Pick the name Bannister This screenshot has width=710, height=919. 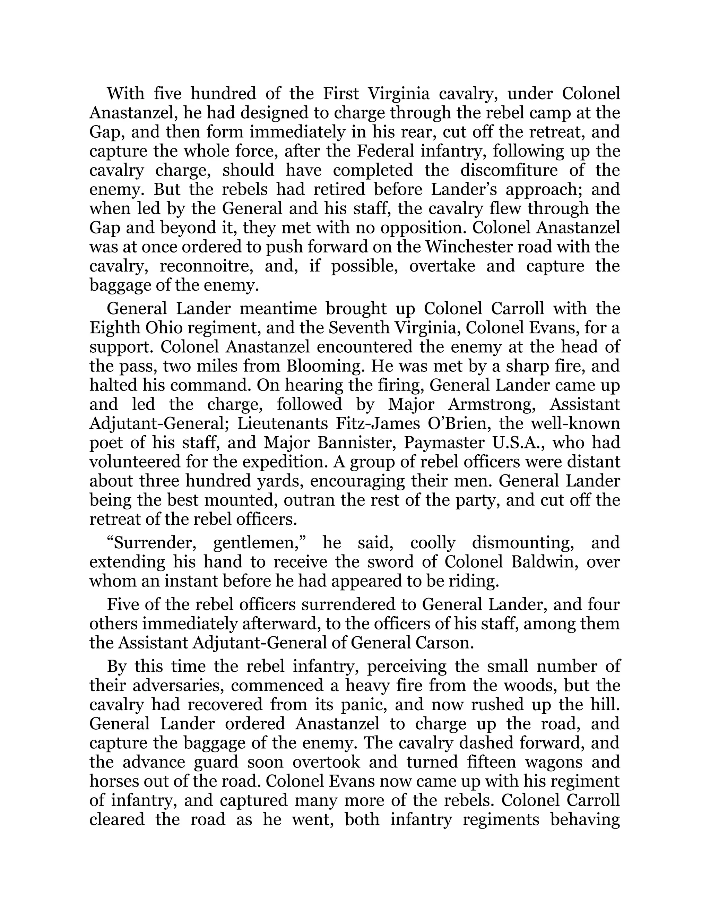pyautogui.click(x=358, y=443)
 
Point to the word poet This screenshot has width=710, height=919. pyautogui.click(x=104, y=443)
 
